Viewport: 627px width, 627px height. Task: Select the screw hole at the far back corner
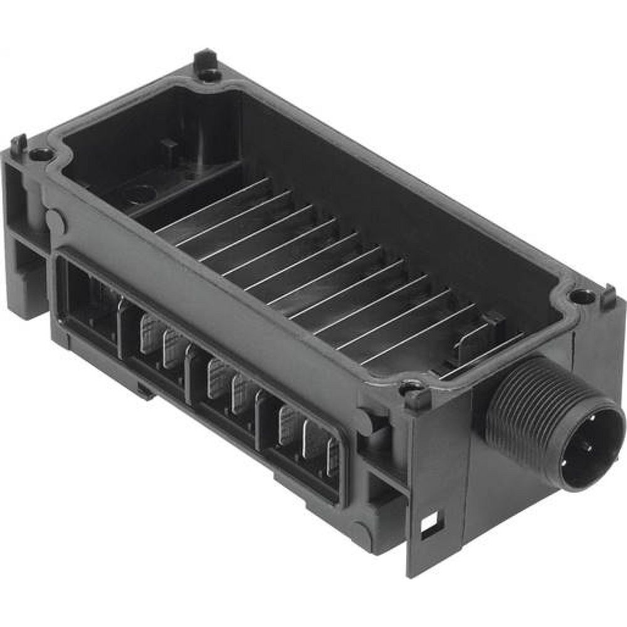pyautogui.click(x=209, y=74)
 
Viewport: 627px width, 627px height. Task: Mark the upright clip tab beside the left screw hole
pyautogui.click(x=19, y=146)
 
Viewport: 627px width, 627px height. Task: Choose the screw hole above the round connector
pyautogui.click(x=583, y=295)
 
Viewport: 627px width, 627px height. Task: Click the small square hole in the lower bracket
pyautogui.click(x=430, y=520)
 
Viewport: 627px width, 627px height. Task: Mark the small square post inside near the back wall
pyautogui.click(x=168, y=147)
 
